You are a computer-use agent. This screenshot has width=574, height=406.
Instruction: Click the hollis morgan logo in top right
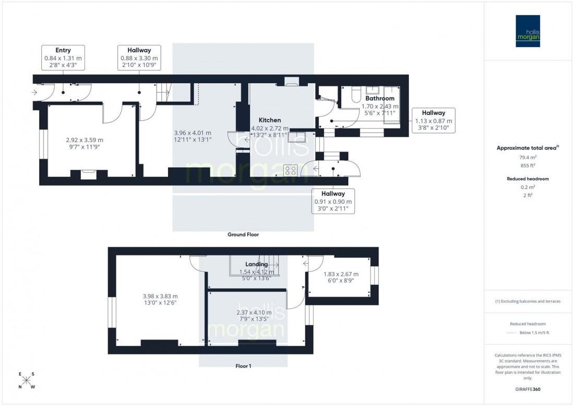pos(528,31)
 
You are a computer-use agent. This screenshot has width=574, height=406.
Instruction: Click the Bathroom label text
pos(379,98)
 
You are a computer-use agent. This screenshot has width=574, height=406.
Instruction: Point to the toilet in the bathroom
pos(356,94)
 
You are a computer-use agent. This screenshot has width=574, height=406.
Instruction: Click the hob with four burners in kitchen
pos(290,170)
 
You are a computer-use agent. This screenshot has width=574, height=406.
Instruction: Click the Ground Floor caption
pos(243,235)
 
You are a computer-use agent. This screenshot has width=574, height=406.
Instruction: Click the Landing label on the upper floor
pos(256,264)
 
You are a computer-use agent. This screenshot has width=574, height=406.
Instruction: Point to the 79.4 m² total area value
pos(528,157)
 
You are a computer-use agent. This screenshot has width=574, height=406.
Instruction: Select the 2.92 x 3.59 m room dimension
pos(85,140)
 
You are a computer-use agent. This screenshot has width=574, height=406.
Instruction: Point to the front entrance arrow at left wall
pos(34,93)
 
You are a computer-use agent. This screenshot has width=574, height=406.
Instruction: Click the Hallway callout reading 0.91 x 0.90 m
pos(333,201)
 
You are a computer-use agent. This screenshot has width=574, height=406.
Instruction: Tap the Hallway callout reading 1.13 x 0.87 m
pos(433,121)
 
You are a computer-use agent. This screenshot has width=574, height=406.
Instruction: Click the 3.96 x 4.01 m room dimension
pos(192,133)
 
